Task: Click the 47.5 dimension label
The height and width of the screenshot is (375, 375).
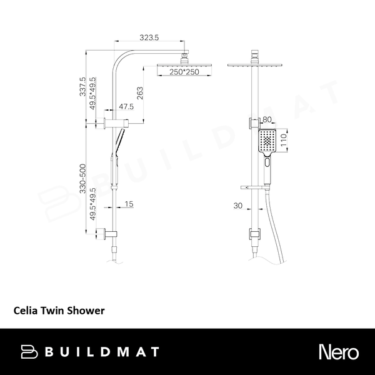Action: tap(127, 107)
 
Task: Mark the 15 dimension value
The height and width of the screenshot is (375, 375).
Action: tap(129, 204)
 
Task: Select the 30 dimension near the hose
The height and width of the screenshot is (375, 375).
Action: tap(239, 204)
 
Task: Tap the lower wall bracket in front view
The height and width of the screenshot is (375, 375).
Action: tap(254, 235)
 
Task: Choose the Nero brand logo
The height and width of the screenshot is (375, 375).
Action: tap(340, 351)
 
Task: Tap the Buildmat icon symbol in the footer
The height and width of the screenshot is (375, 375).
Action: tap(31, 351)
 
